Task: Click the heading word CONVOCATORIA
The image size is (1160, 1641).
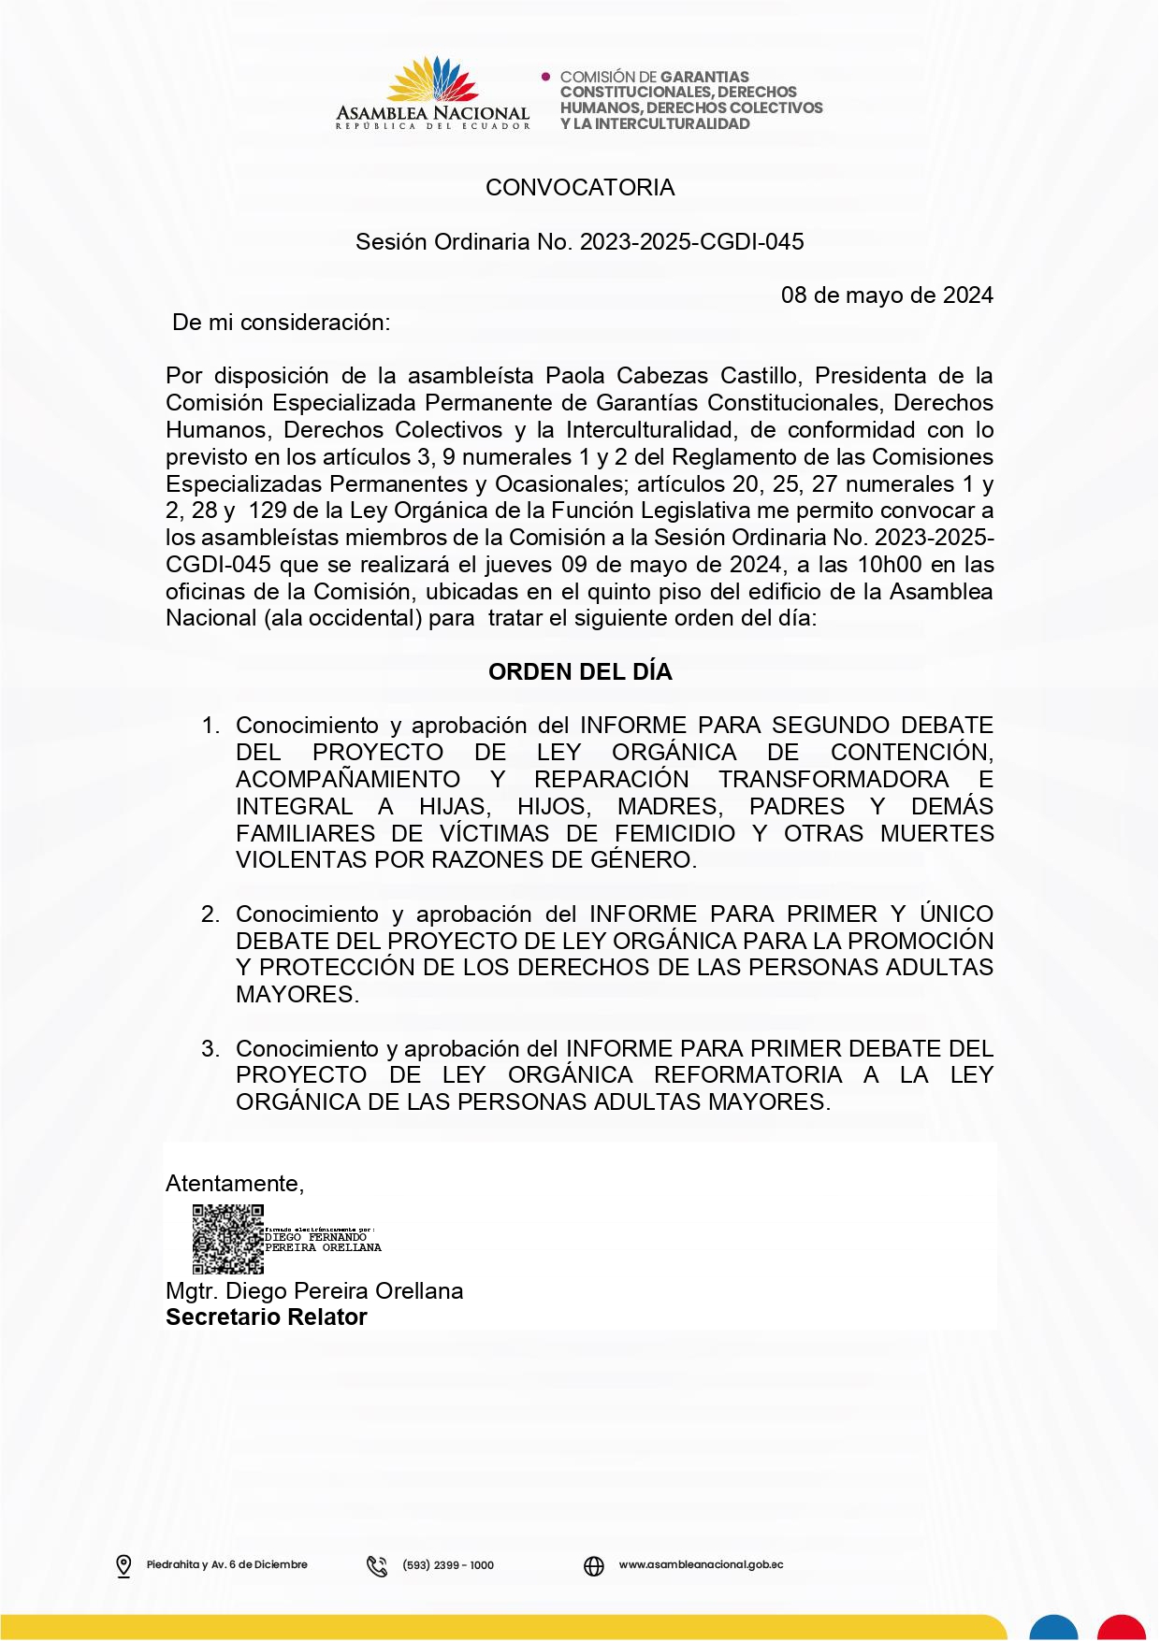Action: pyautogui.click(x=580, y=188)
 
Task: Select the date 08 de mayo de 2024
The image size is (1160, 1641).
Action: pyautogui.click(x=886, y=295)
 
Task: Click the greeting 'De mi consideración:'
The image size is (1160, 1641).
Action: pyautogui.click(x=282, y=323)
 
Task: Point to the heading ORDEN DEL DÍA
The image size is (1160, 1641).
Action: pyautogui.click(x=580, y=672)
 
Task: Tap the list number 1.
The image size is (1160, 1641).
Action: pyautogui.click(x=210, y=726)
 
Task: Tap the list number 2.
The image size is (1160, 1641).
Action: pyautogui.click(x=210, y=914)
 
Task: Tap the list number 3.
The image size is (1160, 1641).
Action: pyautogui.click(x=210, y=1049)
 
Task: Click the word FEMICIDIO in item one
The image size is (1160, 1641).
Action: pyautogui.click(x=674, y=834)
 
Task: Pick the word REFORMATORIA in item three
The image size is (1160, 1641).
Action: pyautogui.click(x=747, y=1075)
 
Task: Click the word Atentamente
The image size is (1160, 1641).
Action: pyautogui.click(x=234, y=1184)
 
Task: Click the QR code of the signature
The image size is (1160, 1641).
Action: pyautogui.click(x=227, y=1240)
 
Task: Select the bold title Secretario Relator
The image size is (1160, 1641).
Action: pyautogui.click(x=267, y=1317)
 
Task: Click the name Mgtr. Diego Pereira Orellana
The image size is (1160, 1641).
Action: pyautogui.click(x=314, y=1291)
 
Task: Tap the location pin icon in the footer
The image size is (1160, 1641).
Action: pyautogui.click(x=123, y=1565)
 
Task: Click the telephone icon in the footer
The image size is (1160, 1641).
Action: pyautogui.click(x=377, y=1565)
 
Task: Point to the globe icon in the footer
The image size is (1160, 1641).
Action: pyautogui.click(x=594, y=1565)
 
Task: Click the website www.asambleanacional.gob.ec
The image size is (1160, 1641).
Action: pyautogui.click(x=701, y=1564)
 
